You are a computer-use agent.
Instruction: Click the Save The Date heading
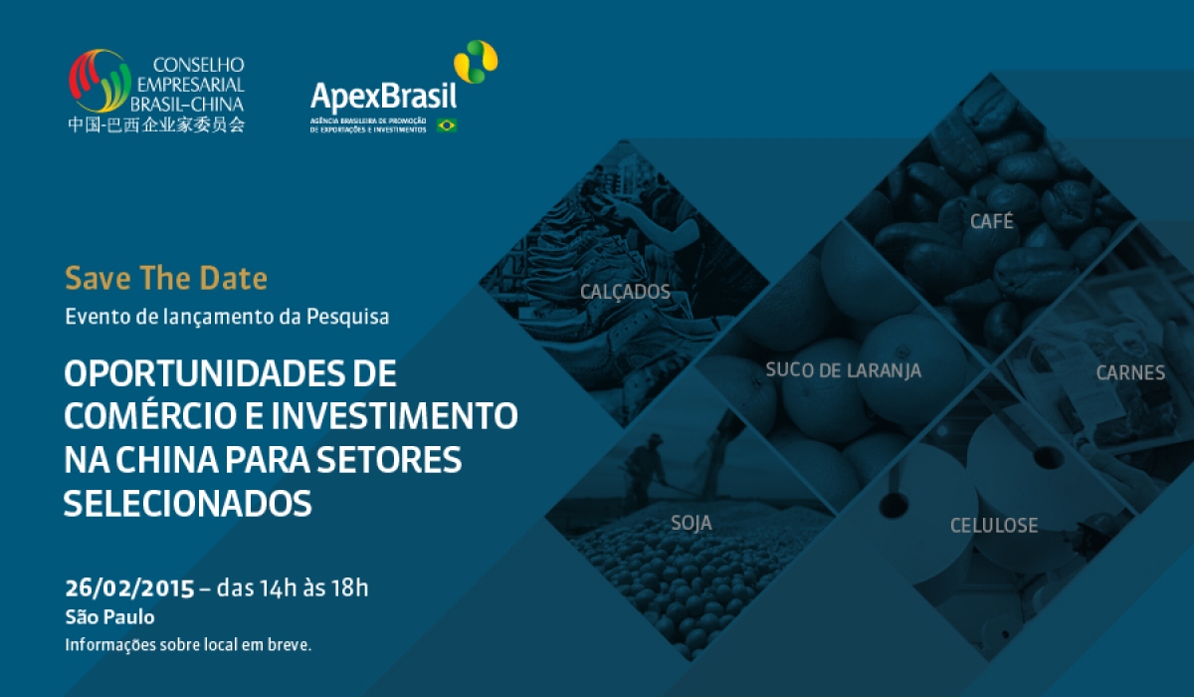point(166,279)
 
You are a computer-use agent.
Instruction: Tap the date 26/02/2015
point(129,588)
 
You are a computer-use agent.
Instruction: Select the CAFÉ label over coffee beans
point(991,220)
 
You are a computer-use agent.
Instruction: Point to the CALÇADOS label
point(625,292)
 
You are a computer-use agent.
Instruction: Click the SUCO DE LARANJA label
point(844,370)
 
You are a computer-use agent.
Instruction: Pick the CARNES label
point(1130,372)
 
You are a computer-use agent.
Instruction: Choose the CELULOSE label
point(994,526)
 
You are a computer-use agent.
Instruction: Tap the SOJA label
point(692,523)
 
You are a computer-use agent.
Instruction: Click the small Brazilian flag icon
point(446,125)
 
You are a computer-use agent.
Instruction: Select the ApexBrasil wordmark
point(383,97)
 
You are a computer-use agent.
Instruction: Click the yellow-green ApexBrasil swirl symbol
point(476,62)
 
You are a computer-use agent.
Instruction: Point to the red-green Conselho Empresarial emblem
point(99,81)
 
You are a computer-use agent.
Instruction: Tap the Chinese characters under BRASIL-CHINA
point(156,124)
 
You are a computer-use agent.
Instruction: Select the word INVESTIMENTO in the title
point(394,416)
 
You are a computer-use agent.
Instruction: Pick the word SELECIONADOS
point(188,504)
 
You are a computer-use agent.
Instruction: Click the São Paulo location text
point(109,617)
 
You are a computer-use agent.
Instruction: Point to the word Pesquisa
point(347,317)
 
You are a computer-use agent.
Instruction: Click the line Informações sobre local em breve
point(188,645)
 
